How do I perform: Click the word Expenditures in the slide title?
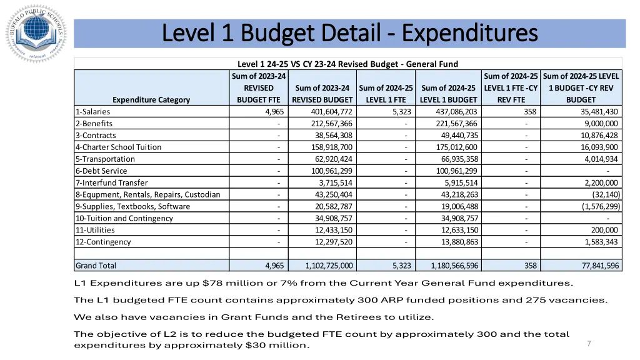pyautogui.click(x=470, y=32)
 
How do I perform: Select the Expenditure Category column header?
pyautogui.click(x=151, y=99)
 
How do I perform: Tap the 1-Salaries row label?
pyautogui.click(x=92, y=112)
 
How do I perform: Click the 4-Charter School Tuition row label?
pyautogui.click(x=118, y=147)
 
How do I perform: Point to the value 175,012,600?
pyautogui.click(x=450, y=147)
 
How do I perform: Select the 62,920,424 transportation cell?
pyautogui.click(x=334, y=159)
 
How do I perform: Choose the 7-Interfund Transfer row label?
pyautogui.click(x=112, y=182)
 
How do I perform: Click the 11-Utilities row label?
pyautogui.click(x=95, y=230)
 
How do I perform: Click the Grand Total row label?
pyautogui.click(x=96, y=266)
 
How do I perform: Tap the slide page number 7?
pyautogui.click(x=589, y=343)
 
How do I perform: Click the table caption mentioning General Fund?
pyautogui.click(x=347, y=64)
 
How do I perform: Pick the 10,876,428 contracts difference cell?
pyautogui.click(x=599, y=135)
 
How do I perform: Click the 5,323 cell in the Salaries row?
pyautogui.click(x=402, y=112)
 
